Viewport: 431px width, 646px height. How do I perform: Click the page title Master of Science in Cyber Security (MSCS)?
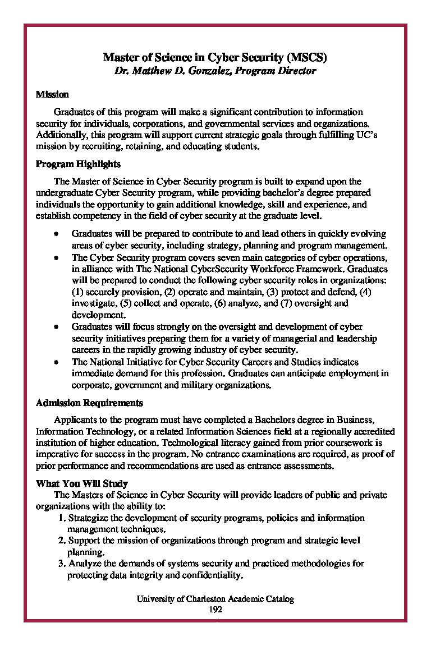coord(215,57)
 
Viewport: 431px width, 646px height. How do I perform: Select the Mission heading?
coord(52,95)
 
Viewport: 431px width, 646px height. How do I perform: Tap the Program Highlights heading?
coord(78,164)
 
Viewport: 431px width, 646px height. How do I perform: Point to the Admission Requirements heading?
coord(89,403)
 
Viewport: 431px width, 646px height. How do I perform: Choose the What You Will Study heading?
coord(82,483)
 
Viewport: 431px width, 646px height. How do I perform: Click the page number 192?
coord(215,609)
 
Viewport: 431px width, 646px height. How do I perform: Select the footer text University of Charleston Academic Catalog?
coord(215,599)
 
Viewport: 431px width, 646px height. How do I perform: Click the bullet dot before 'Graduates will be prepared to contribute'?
coord(57,233)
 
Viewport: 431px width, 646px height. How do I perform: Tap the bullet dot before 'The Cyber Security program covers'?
coord(57,257)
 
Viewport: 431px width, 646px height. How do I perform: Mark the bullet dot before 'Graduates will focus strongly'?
coord(57,326)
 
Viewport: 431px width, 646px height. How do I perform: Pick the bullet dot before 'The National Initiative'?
coord(57,362)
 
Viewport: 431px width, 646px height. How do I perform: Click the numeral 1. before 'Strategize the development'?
coord(62,518)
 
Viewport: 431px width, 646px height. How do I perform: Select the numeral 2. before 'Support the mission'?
coord(62,540)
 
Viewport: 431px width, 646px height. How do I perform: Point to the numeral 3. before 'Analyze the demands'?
coord(62,563)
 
